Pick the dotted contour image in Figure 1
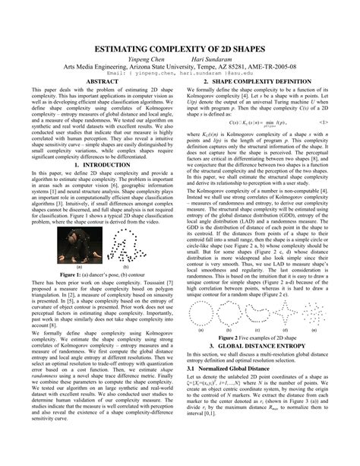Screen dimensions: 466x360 coord(122,243)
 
